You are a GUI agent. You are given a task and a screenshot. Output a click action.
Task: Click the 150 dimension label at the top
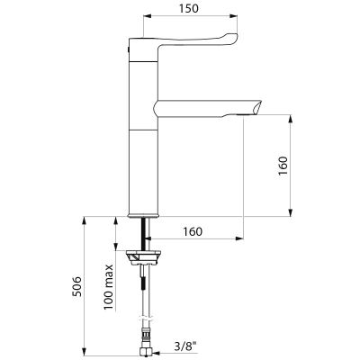(189, 8)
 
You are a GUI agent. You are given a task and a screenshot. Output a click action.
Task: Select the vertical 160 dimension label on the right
(283, 166)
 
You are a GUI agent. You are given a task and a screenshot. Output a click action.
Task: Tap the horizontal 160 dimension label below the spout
(193, 231)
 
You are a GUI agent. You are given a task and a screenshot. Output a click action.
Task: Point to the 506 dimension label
(77, 286)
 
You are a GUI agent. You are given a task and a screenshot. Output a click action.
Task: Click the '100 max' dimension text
(108, 287)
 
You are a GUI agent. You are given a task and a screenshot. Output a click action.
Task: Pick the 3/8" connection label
(184, 346)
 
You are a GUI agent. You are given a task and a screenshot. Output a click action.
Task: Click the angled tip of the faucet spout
(258, 107)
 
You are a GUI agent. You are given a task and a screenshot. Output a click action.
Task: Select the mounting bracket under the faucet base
(143, 258)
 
